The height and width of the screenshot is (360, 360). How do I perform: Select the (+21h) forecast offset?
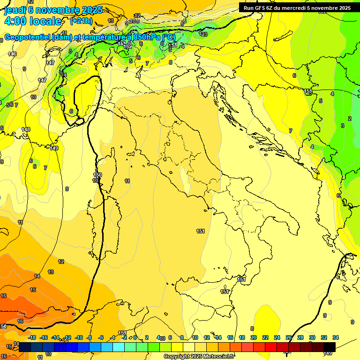tap(81, 21)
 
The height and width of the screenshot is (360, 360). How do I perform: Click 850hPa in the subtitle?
tap(143, 37)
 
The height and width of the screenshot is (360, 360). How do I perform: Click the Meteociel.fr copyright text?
tap(199, 357)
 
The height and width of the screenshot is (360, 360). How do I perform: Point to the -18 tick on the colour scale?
tap(32, 337)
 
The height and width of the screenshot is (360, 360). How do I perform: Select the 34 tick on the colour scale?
tap(336, 337)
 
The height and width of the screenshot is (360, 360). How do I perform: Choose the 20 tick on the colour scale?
tap(254, 337)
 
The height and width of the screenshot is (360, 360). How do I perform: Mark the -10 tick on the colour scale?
tap(79, 337)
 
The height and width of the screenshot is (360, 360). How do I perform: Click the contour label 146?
tap(13, 54)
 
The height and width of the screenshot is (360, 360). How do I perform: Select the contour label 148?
tap(26, 129)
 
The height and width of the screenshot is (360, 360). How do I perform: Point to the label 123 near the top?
tap(203, 34)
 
